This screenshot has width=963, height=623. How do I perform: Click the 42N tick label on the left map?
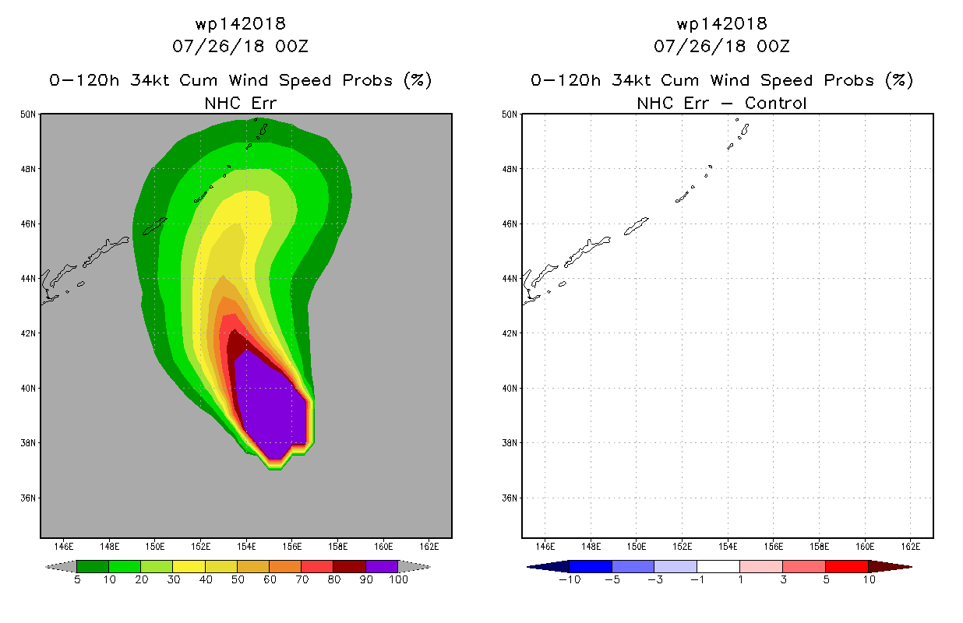[28, 333]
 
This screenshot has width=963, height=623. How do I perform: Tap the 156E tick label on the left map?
[292, 547]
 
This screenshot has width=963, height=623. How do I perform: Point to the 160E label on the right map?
[865, 547]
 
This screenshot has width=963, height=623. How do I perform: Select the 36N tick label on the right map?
[510, 498]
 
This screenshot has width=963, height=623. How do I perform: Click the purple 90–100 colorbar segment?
[382, 566]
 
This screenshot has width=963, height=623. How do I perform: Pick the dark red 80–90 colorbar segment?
[349, 566]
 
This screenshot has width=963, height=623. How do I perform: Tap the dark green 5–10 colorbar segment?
[93, 566]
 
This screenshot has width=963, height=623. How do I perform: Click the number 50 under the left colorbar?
[238, 579]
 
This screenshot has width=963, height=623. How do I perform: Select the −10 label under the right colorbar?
[570, 579]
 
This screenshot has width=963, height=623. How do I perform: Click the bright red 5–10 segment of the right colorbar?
[847, 566]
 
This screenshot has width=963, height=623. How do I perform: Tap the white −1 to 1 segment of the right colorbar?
[718, 566]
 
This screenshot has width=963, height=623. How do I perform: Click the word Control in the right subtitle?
[775, 104]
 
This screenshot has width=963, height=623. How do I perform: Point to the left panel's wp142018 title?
[241, 23]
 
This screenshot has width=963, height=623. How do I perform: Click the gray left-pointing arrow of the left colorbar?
[61, 566]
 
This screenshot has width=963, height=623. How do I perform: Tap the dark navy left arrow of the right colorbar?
[549, 567]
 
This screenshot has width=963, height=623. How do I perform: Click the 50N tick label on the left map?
[28, 114]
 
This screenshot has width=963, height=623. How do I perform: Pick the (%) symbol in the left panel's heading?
[418, 80]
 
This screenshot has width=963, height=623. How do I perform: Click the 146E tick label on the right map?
[545, 547]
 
